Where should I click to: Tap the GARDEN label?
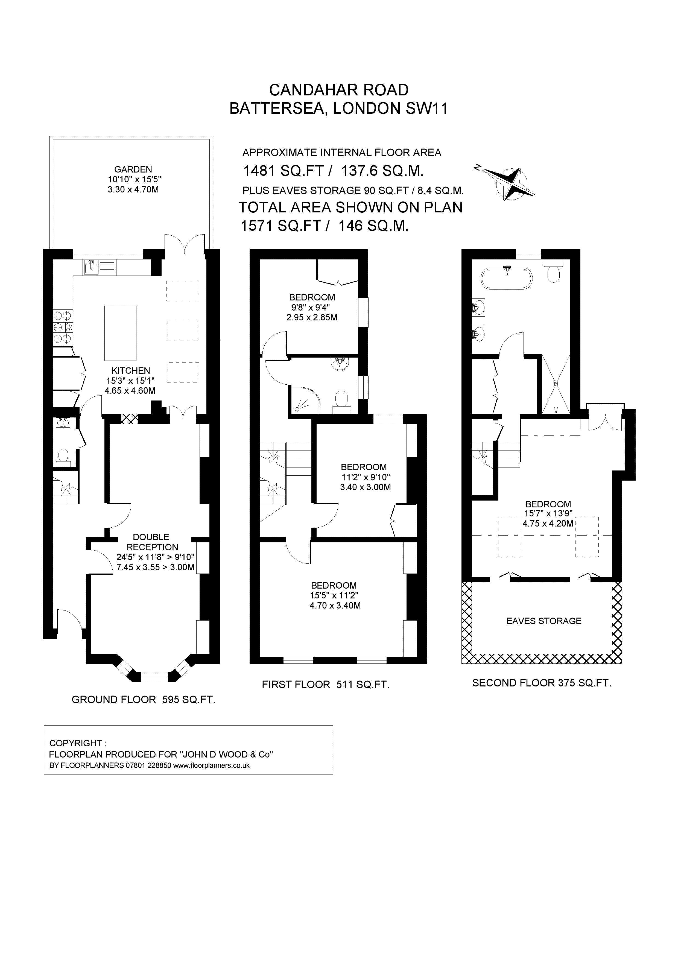click(x=133, y=169)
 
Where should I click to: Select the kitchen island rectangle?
click(x=120, y=333)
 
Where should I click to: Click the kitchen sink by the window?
click(x=92, y=267)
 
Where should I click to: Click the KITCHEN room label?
click(x=130, y=370)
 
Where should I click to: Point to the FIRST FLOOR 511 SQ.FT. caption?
click(x=325, y=685)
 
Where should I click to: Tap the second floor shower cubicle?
click(x=556, y=384)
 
